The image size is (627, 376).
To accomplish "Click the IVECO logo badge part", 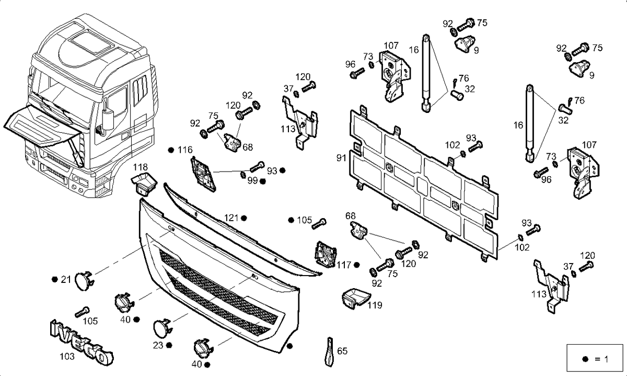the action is coord(82,343).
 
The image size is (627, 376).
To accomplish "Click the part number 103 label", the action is coord(67,356).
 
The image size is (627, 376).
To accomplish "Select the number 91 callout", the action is coord(341,158).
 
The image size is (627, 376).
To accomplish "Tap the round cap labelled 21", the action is coord(84,280).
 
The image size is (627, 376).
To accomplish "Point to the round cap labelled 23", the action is coord(162,327).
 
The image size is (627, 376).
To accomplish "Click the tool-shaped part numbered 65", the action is coord(330,351).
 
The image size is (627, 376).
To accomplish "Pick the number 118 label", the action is coord(140,167).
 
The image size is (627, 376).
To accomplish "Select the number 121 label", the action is coord(231,218).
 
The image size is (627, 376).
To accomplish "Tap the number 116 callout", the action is coord(185,150).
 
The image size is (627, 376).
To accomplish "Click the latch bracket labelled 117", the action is coord(325,254).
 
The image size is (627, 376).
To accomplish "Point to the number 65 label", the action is coord(342,351).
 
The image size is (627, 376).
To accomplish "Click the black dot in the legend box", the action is coord(585,359).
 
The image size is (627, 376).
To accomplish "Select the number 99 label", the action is coord(252,181).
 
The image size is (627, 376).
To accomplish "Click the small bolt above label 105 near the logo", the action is coord(83,312).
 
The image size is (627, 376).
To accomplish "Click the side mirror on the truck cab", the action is coord(108,120).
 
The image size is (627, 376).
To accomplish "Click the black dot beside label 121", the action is coord(244,218).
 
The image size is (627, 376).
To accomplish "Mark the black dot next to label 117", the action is coord(356,265).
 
